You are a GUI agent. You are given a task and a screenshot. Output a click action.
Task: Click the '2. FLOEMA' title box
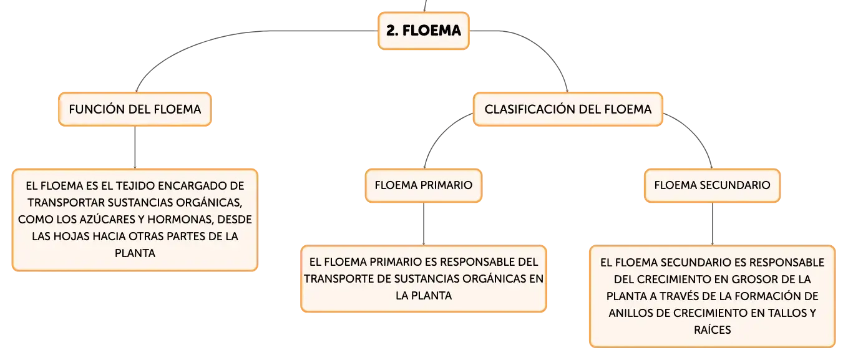(424, 31)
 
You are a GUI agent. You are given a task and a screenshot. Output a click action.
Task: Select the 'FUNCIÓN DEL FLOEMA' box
(135, 109)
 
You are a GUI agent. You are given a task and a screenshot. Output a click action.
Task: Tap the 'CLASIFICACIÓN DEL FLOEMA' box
(568, 109)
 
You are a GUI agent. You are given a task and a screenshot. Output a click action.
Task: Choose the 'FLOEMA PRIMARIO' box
(424, 185)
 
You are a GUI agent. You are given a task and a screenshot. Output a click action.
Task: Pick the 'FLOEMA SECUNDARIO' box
(712, 185)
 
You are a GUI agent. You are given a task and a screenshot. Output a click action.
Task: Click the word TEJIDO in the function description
(135, 185)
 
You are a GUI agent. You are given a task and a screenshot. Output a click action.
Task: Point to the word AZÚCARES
(110, 219)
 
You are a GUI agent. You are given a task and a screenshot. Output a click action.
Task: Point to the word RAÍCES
(712, 329)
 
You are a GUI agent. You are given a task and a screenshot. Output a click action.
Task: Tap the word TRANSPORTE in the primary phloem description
(346, 279)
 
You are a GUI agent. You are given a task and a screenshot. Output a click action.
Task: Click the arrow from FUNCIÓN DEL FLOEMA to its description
(135, 147)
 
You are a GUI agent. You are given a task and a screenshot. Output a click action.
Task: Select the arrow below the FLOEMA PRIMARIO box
(424, 224)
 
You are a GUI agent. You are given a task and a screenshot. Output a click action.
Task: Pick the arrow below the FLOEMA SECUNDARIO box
(712, 224)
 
